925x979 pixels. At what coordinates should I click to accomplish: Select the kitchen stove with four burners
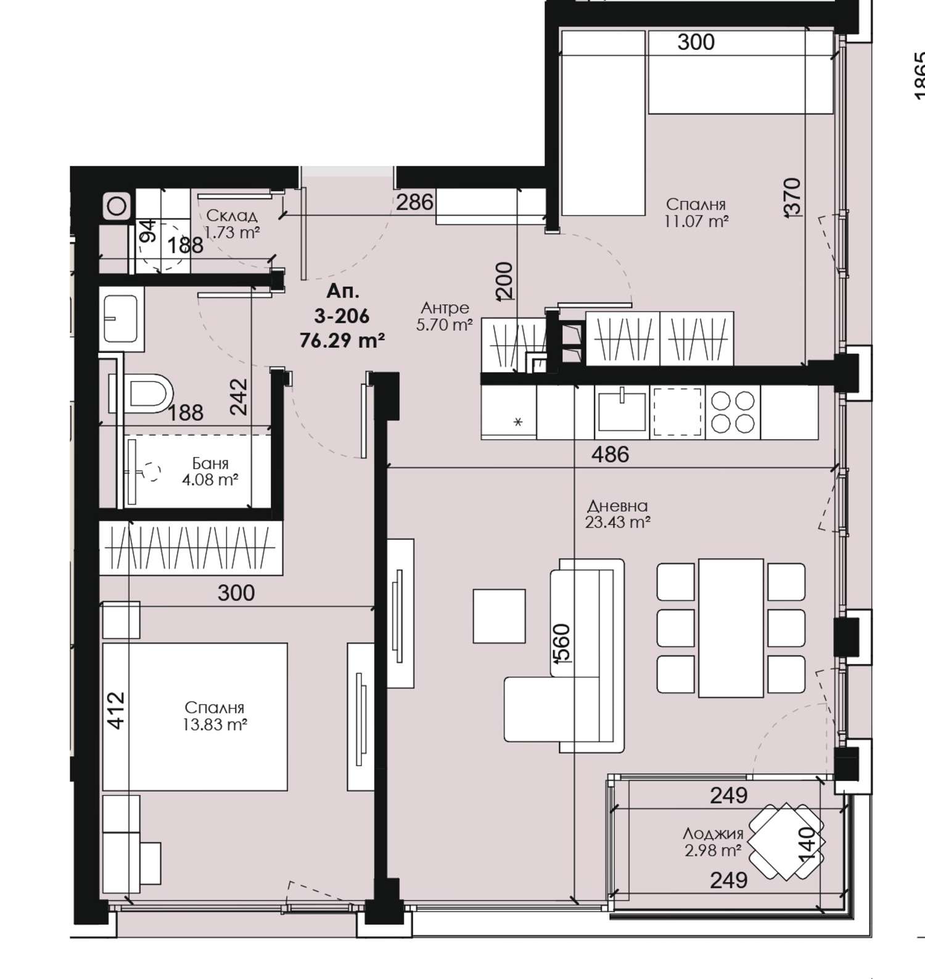coord(733,411)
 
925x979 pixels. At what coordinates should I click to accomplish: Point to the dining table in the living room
coord(731,627)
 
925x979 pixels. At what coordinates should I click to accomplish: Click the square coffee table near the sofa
coord(499,616)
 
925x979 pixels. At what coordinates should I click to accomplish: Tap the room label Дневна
coord(617,506)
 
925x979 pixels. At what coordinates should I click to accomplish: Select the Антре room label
coord(445,307)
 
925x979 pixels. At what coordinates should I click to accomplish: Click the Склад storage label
coord(231,216)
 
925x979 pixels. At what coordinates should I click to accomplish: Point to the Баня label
coord(210,463)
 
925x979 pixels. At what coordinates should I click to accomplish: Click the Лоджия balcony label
coord(713,834)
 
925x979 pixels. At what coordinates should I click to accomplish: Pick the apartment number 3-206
coord(342,316)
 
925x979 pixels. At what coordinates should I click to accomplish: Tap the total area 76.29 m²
coord(343,340)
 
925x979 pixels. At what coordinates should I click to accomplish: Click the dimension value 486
coord(610,455)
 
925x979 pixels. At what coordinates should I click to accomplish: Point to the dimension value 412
coord(116,711)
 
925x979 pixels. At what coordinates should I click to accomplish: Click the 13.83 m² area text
coord(215,724)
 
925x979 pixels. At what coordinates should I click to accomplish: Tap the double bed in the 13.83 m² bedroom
coord(195,716)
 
